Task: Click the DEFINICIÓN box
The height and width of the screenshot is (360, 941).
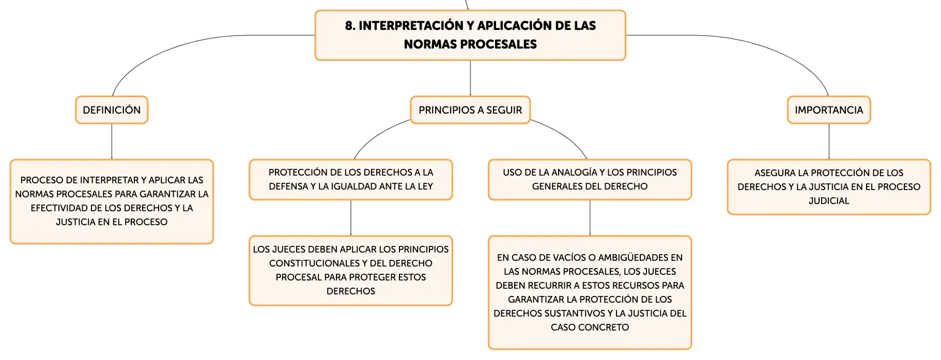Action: pos(112,110)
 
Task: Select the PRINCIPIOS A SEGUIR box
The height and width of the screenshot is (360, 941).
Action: pos(470,110)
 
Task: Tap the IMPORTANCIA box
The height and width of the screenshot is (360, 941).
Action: pos(829,110)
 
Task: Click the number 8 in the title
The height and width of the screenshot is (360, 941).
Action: pos(350,26)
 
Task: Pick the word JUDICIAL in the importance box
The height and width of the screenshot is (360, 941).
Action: pos(829,201)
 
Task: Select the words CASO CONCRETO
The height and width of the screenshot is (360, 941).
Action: pos(590,327)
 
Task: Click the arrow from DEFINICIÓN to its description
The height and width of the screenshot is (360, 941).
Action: pos(112,142)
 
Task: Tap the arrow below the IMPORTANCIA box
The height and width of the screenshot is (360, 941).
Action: pos(829,142)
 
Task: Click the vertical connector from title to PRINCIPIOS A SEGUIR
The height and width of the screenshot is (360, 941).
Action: pos(470,78)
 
